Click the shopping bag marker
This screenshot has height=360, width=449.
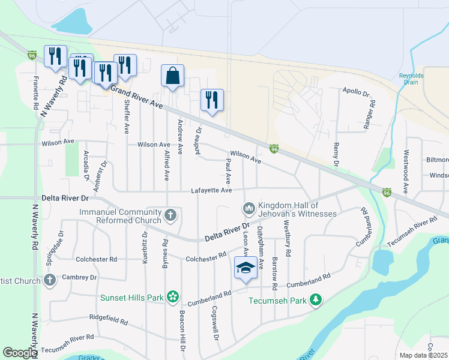172,76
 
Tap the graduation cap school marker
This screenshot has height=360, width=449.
246,268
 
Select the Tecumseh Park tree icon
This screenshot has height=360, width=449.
315,299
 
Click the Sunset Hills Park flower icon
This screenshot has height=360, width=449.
173,296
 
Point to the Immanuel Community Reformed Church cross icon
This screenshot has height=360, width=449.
170,215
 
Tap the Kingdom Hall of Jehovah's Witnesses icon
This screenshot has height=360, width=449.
249,209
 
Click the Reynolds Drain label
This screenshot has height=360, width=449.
412,79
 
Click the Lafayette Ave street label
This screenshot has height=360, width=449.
211,191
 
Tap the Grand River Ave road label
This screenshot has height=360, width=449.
137,97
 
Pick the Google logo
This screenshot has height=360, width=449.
20,353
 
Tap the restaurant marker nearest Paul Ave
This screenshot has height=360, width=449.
212,100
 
